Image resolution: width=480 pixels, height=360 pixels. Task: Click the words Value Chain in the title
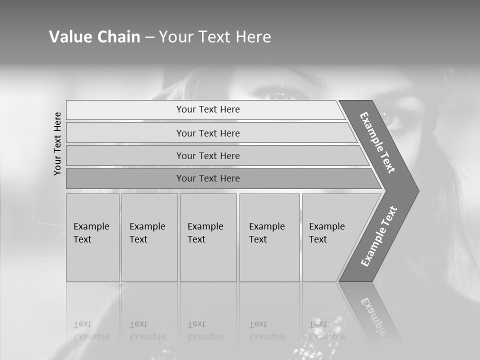click(94, 37)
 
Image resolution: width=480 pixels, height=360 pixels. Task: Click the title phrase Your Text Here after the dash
click(215, 37)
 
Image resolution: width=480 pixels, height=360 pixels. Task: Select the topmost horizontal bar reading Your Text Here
click(208, 109)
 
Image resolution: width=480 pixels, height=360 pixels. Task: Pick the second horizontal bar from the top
click(208, 133)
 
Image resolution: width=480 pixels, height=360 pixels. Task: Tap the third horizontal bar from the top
click(208, 155)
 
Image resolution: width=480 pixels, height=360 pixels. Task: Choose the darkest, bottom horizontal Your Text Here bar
click(208, 178)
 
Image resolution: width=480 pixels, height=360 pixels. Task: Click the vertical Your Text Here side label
click(58, 143)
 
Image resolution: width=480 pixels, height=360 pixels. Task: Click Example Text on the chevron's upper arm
click(377, 142)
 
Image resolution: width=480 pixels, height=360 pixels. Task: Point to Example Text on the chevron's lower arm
click(379, 236)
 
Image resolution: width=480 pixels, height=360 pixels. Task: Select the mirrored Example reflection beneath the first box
click(91, 336)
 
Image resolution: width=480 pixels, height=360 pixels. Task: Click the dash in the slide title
click(149, 37)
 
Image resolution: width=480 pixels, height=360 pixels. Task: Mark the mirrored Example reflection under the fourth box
click(267, 336)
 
